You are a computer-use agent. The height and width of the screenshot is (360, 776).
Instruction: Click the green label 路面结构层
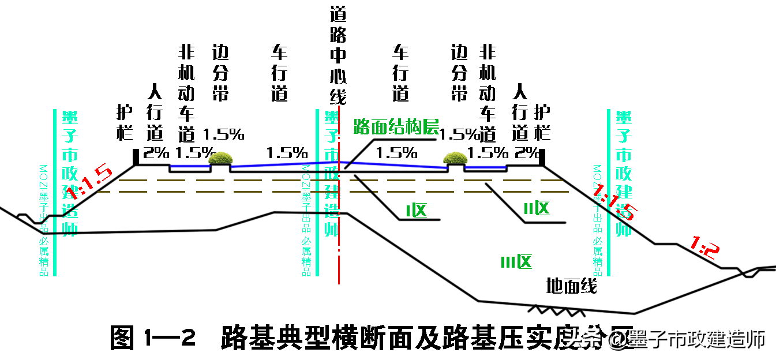(396, 126)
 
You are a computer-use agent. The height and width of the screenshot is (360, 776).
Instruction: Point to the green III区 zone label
(515, 262)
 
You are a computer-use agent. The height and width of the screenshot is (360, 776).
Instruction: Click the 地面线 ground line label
(571, 285)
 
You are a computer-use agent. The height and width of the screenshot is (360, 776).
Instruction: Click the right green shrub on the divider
(455, 158)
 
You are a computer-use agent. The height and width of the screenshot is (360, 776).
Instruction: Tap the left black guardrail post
(136, 156)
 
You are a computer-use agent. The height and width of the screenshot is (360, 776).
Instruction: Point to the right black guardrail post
(542, 156)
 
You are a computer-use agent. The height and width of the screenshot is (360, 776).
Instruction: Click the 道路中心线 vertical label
(338, 55)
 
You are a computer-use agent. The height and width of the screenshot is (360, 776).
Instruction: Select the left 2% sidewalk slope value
(156, 153)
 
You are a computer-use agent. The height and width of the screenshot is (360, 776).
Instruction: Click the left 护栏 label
(125, 123)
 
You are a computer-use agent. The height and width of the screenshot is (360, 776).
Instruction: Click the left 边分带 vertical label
(220, 73)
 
